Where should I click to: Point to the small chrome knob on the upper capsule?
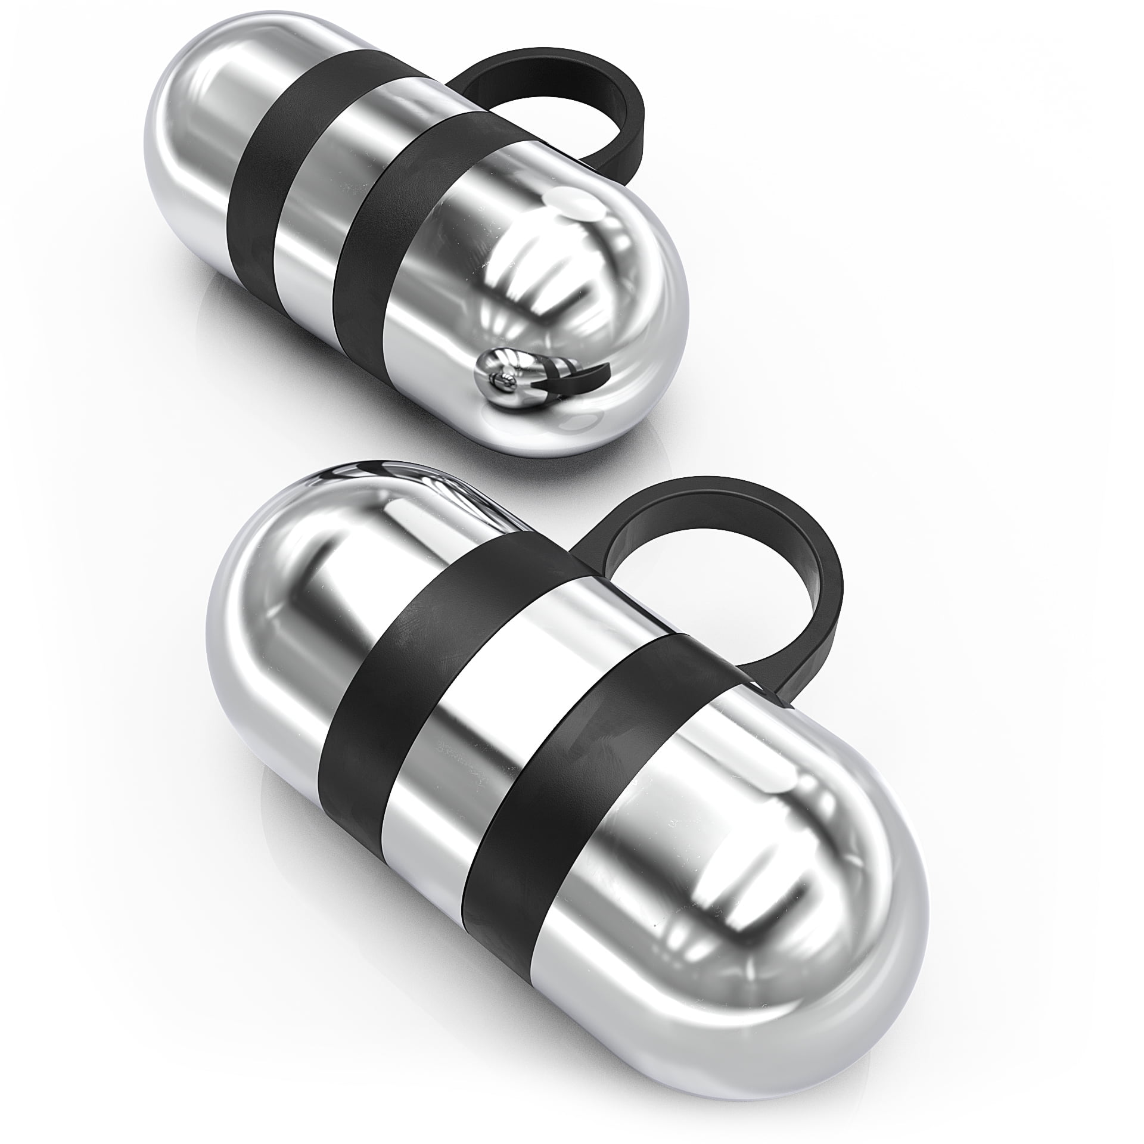(x=500, y=381)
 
